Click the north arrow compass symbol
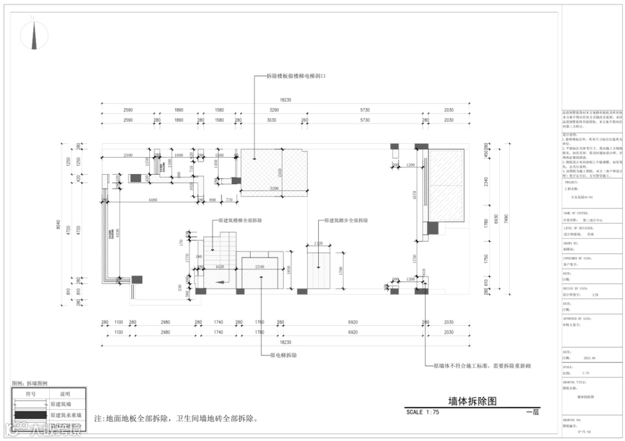(x=34, y=34)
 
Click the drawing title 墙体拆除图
(x=472, y=401)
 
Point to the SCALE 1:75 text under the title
(x=423, y=412)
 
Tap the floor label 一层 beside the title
(x=532, y=412)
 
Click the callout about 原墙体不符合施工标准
(x=482, y=366)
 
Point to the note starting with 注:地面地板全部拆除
(x=175, y=418)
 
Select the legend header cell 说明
(x=65, y=394)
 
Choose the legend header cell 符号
(x=31, y=394)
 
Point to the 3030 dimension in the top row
(x=271, y=120)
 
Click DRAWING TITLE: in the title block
(x=575, y=382)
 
